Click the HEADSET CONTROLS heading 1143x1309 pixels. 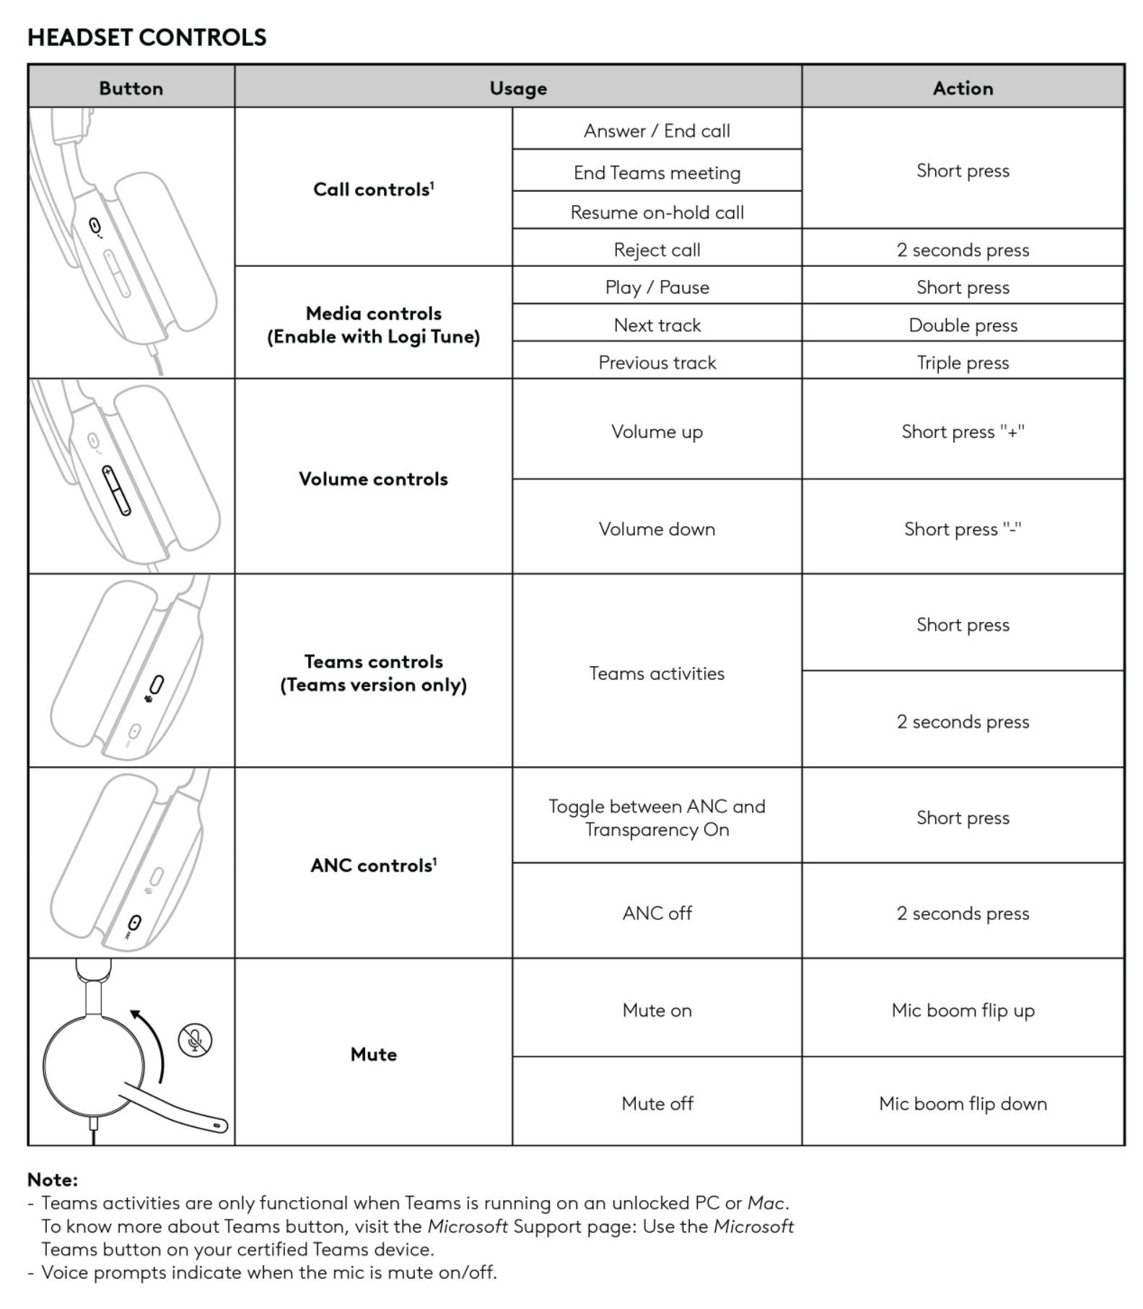pos(146,38)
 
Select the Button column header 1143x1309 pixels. pos(131,88)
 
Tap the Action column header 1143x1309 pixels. pos(962,88)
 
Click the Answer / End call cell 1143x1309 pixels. pos(657,131)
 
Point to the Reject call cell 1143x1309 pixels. pos(657,250)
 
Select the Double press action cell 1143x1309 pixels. pos(962,325)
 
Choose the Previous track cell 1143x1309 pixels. pos(657,362)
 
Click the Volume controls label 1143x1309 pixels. pos(373,478)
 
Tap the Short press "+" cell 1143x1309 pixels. pos(962,432)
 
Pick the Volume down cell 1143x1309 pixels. pos(657,529)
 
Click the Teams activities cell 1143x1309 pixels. pos(657,673)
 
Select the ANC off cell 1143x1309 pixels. pos(657,913)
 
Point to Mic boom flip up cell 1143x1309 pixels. pos(962,1010)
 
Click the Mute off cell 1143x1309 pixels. pos(657,1103)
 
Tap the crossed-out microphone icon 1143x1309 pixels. pos(195,1040)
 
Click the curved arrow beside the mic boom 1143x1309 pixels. pos(153,1043)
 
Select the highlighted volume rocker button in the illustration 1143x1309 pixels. pos(116,491)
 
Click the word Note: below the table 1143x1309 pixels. pos(52,1179)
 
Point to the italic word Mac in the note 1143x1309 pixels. pos(765,1203)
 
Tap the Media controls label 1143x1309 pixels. pos(373,325)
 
